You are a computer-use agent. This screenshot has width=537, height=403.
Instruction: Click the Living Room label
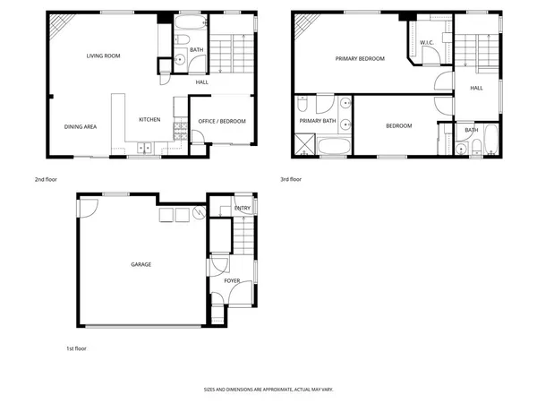click(x=103, y=56)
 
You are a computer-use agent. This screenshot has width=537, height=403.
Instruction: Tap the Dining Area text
click(x=80, y=127)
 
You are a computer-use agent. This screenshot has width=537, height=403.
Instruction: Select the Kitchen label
click(x=149, y=120)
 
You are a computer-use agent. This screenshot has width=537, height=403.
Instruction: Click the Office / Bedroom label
click(x=221, y=122)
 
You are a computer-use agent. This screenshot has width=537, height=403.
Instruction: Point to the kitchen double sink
click(x=144, y=147)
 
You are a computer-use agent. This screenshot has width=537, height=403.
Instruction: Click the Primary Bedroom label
click(x=359, y=59)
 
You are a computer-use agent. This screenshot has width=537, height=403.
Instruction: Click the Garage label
click(x=141, y=264)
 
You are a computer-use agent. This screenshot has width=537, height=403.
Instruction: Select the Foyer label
click(x=232, y=281)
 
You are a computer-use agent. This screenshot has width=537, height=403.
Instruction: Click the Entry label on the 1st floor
click(x=243, y=209)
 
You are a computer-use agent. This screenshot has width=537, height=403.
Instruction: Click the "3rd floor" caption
click(x=291, y=179)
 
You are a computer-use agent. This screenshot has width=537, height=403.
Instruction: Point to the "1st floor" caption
click(x=76, y=347)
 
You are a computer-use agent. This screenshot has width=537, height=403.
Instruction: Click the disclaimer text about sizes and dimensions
click(x=268, y=390)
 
